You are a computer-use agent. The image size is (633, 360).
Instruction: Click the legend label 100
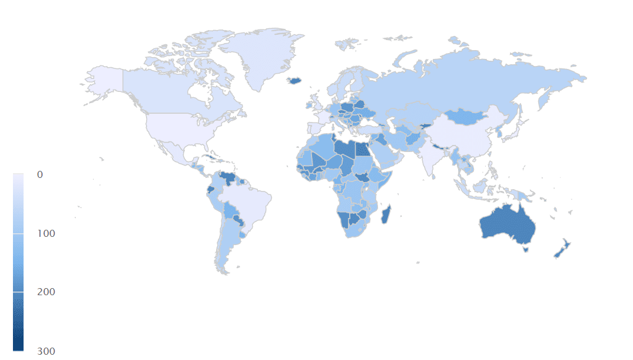(x=45, y=233)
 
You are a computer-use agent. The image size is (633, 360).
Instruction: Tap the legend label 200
(x=45, y=292)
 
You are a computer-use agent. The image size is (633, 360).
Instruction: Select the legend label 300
(x=45, y=351)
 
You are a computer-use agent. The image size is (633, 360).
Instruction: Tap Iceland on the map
(x=294, y=81)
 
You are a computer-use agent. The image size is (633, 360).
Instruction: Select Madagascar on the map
(x=387, y=214)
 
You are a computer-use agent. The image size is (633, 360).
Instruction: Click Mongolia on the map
(x=468, y=116)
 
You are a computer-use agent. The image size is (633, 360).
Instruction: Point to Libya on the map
(x=344, y=150)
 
